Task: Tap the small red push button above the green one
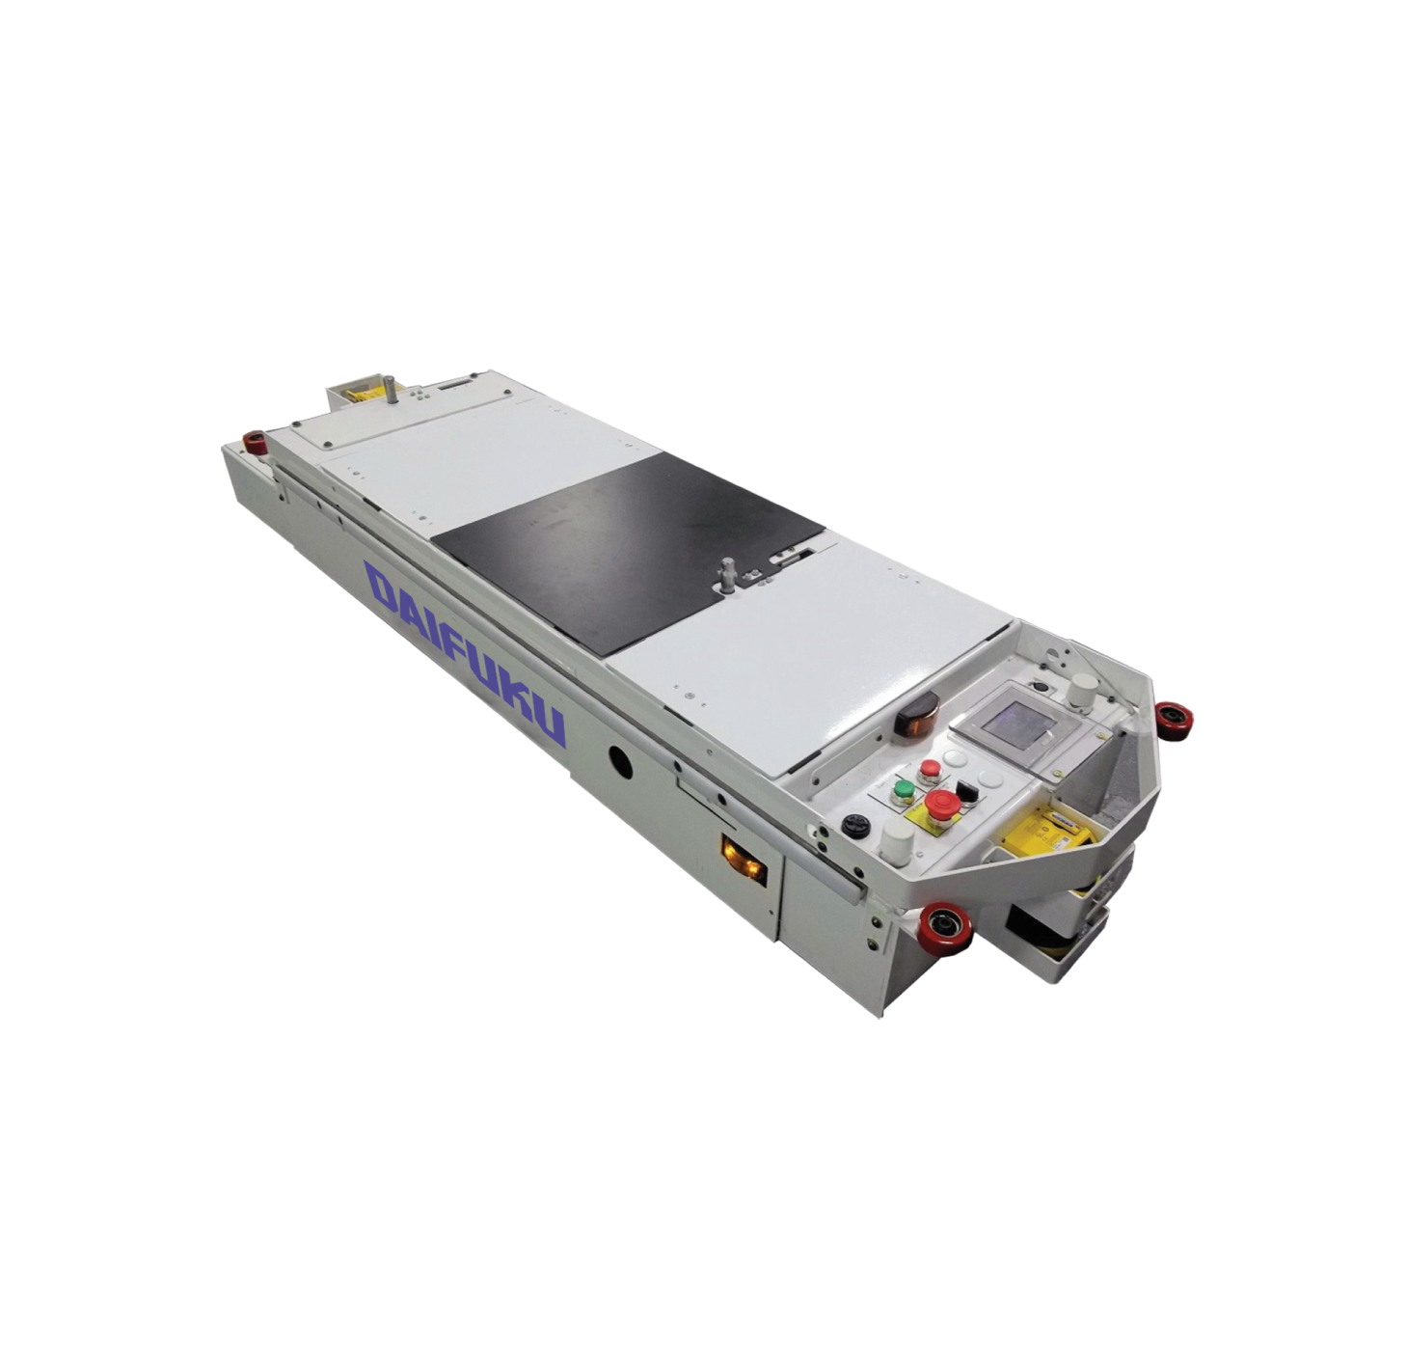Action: (930, 770)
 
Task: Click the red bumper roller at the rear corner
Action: (253, 441)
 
